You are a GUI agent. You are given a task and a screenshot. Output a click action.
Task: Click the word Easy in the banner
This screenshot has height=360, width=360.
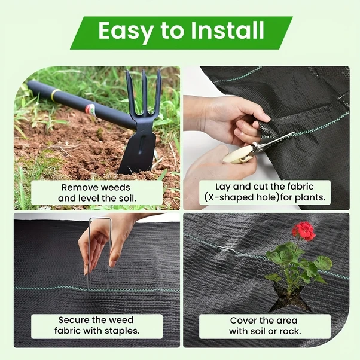pyautogui.click(x=124, y=30)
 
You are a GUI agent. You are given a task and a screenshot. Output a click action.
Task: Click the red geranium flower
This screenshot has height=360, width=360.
pyautogui.click(x=304, y=231)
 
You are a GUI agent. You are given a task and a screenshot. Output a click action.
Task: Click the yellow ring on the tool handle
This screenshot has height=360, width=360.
pyautogui.click(x=55, y=95)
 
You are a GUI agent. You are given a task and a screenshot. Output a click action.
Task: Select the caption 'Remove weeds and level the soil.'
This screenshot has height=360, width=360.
pyautogui.click(x=97, y=193)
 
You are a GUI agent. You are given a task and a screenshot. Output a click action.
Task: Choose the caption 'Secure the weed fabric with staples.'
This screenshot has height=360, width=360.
pyautogui.click(x=96, y=325)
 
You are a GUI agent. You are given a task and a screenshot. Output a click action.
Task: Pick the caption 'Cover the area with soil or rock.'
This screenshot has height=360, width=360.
pyautogui.click(x=265, y=325)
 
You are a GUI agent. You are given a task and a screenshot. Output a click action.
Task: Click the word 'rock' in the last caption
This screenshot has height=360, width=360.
pyautogui.click(x=291, y=331)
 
